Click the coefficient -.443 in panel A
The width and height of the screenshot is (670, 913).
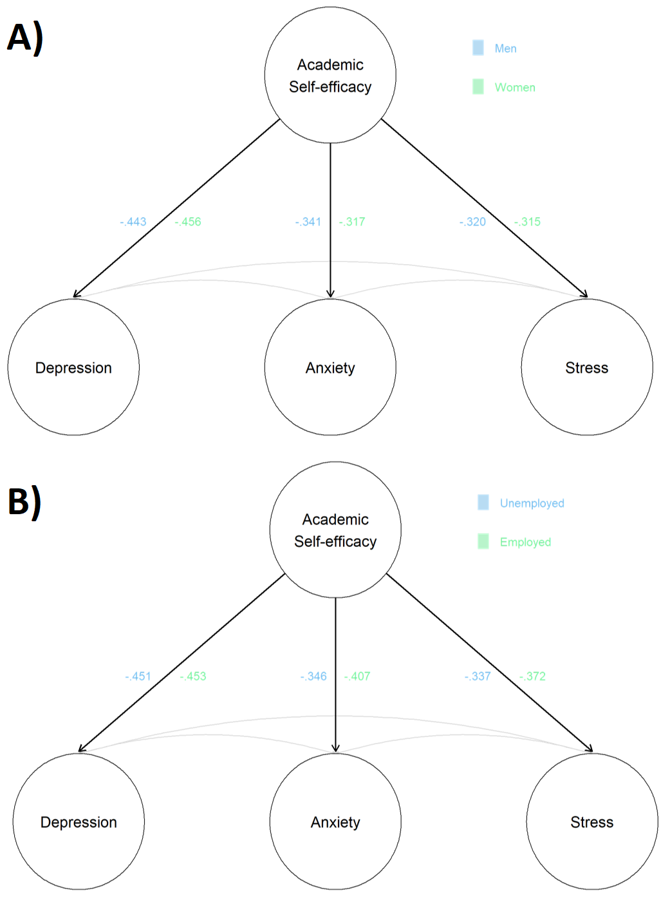click(x=133, y=222)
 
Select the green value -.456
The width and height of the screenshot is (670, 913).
click(x=188, y=222)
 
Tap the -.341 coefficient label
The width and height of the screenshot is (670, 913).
click(x=308, y=222)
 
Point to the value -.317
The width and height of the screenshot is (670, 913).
click(x=352, y=222)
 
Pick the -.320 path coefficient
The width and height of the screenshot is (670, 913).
click(x=472, y=222)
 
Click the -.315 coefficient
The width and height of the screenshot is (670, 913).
click(x=528, y=222)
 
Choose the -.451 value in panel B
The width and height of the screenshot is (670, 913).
click(x=138, y=676)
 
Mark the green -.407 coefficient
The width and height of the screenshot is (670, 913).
click(x=357, y=676)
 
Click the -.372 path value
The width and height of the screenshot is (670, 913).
click(x=533, y=676)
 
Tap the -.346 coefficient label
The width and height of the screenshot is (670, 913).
click(x=313, y=676)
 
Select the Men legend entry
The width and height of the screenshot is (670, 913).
click(x=505, y=48)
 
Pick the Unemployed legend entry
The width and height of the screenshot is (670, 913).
click(x=532, y=503)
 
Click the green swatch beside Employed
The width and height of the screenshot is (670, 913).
click(x=483, y=541)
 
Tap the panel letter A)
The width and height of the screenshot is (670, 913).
click(x=25, y=37)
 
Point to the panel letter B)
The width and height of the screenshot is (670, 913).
click(x=25, y=501)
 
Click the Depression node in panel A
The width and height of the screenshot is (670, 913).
click(x=73, y=367)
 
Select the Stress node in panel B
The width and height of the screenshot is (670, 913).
click(x=592, y=822)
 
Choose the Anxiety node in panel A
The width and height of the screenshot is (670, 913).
click(x=330, y=367)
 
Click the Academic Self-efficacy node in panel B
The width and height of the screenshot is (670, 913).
click(x=335, y=530)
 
